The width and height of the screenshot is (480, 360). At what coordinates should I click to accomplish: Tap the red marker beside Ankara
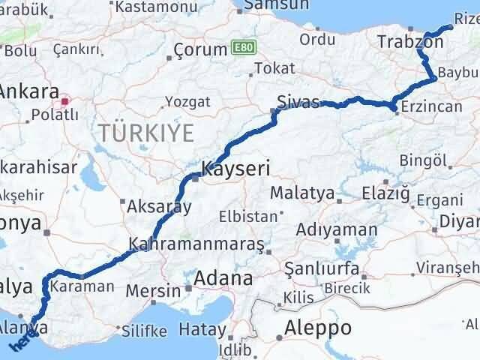(65, 100)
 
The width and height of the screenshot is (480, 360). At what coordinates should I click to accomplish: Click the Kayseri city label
(237, 168)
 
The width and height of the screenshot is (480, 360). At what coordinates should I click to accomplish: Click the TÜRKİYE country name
(145, 133)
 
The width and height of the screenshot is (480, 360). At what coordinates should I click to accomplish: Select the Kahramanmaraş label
(196, 244)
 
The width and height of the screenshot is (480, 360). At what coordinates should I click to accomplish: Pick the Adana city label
(223, 278)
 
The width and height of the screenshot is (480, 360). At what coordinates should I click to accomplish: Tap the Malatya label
(302, 193)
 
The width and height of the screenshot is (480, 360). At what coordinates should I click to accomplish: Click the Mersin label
(153, 290)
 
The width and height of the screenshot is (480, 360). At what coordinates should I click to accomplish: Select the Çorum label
(199, 49)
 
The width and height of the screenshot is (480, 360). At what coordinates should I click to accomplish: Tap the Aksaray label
(160, 206)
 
